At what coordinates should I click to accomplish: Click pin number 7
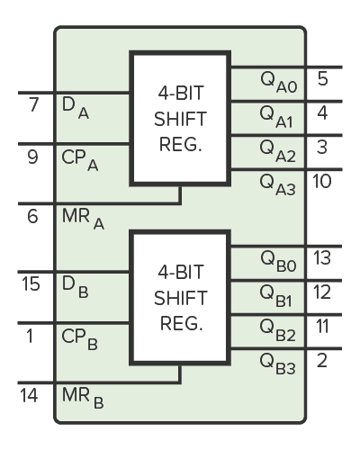(33, 105)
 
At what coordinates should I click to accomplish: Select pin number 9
(33, 157)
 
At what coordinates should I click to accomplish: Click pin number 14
(32, 395)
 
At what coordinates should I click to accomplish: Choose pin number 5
(322, 78)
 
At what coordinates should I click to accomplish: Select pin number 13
(322, 259)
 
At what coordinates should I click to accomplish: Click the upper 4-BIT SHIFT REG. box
(181, 119)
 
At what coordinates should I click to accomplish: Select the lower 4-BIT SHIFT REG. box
(181, 297)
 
